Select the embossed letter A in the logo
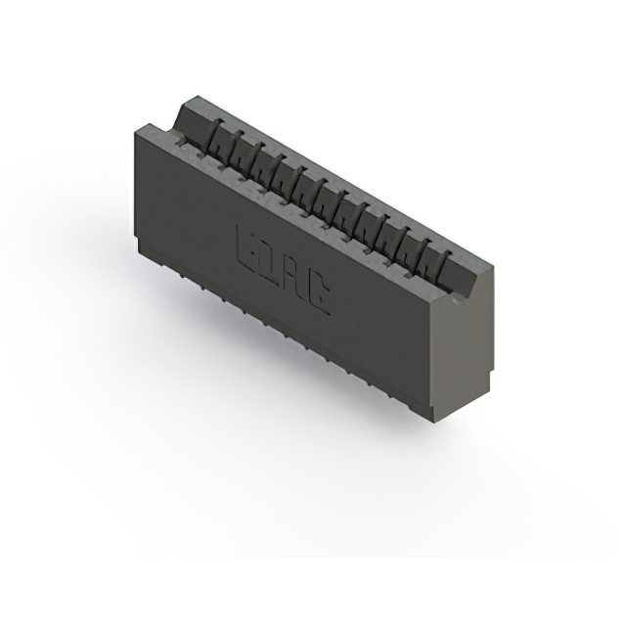point(294,278)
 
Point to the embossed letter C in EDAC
point(318,293)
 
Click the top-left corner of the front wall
point(134,133)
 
